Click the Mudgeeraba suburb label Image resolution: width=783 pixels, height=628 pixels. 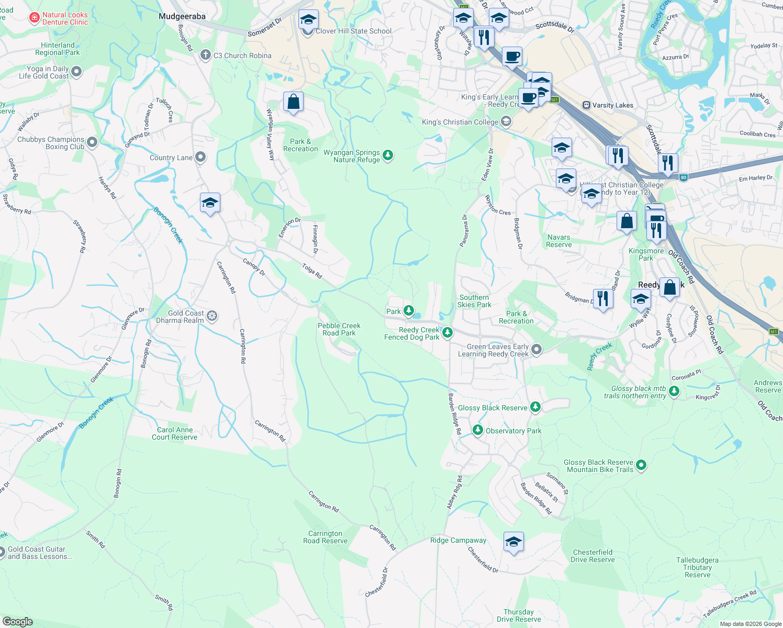(x=182, y=17)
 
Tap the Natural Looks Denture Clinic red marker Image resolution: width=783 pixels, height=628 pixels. (x=35, y=18)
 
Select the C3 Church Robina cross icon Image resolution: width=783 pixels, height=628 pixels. (x=206, y=55)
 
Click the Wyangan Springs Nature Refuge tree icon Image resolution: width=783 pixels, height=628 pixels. (x=388, y=155)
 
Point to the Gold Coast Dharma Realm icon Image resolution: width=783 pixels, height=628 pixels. (x=212, y=316)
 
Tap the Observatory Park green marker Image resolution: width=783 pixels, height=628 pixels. (x=477, y=430)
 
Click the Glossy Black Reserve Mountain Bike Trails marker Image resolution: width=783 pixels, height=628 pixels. (x=642, y=465)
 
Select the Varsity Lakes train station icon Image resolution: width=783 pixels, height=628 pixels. (x=587, y=105)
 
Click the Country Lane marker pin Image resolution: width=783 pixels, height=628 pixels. (x=200, y=157)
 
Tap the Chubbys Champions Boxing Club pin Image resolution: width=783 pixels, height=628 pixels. (x=92, y=142)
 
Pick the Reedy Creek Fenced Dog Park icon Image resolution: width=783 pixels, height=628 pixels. (x=448, y=332)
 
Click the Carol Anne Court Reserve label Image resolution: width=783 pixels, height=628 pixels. (x=175, y=433)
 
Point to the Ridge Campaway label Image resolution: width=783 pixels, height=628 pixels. (x=458, y=540)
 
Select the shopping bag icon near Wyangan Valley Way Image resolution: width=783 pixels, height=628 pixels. (x=293, y=102)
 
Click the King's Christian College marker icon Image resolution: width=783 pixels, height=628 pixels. (x=506, y=121)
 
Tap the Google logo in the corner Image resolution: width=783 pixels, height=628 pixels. (x=18, y=621)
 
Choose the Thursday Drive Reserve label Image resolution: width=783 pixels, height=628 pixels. (x=519, y=615)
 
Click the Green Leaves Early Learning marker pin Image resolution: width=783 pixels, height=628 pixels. (x=536, y=349)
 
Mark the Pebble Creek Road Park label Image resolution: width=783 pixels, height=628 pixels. (x=339, y=329)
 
